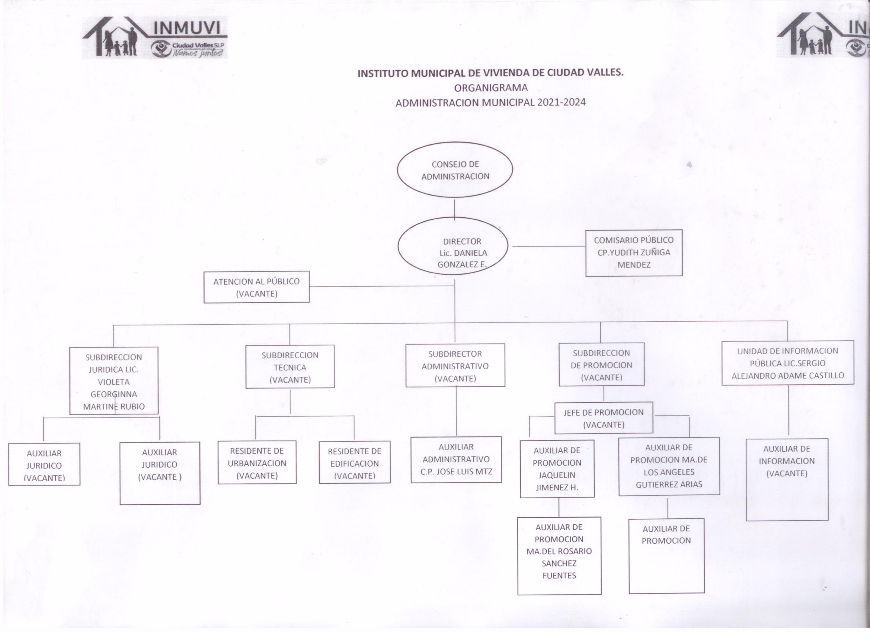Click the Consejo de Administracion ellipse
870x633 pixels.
(x=455, y=170)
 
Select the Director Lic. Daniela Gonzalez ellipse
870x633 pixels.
(x=453, y=246)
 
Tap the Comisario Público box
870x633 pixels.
(x=634, y=252)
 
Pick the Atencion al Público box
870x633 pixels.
(x=256, y=287)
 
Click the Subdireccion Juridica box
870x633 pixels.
(x=113, y=381)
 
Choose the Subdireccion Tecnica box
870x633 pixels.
(x=290, y=367)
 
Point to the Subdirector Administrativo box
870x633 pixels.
(x=455, y=365)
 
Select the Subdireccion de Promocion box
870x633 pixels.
(x=601, y=364)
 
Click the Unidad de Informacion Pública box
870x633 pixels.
(x=787, y=363)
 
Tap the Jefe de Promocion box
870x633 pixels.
(x=604, y=418)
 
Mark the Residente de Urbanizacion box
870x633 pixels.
(x=257, y=462)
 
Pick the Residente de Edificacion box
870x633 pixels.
(x=355, y=462)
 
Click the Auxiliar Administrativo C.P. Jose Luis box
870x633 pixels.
(x=456, y=459)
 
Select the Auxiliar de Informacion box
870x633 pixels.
(x=787, y=480)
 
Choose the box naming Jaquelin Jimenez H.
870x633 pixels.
(x=557, y=468)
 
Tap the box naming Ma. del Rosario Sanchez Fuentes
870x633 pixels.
(x=559, y=556)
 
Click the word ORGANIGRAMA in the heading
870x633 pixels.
(x=490, y=88)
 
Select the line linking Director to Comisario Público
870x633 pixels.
(x=548, y=246)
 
